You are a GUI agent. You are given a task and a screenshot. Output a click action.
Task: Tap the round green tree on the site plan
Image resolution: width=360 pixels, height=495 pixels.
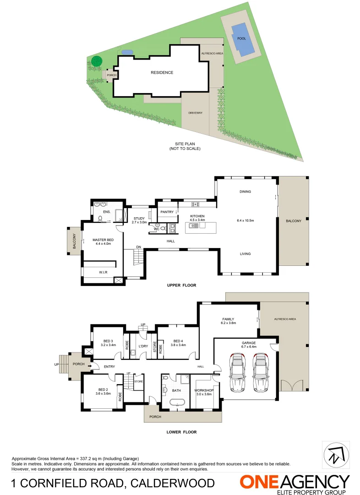(96, 60)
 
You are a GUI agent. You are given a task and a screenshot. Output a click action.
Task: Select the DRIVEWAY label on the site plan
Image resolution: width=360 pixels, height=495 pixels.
(196, 113)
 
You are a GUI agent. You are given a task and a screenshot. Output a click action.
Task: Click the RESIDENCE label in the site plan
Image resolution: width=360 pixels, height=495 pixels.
(162, 72)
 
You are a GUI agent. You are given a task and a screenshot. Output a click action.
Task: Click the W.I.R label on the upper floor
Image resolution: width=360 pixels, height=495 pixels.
(103, 273)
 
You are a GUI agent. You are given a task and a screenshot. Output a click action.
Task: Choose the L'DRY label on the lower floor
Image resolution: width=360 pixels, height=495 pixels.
(143, 346)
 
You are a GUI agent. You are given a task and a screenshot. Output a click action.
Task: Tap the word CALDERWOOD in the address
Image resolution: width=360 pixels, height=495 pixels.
(173, 483)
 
